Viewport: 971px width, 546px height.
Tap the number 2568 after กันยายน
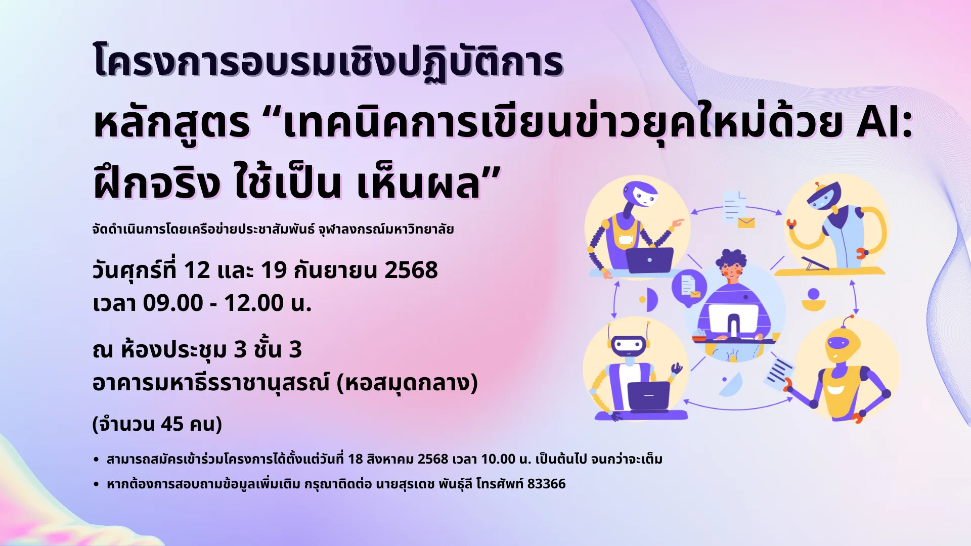(x=411, y=270)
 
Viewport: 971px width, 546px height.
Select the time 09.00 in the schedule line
(x=173, y=303)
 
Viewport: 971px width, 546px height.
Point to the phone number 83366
(x=546, y=484)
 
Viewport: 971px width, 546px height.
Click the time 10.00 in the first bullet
(x=498, y=459)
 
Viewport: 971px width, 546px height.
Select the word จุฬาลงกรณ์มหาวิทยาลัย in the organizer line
(x=386, y=229)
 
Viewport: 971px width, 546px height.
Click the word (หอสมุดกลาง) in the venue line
(x=407, y=383)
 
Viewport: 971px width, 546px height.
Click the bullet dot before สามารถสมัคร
(x=96, y=460)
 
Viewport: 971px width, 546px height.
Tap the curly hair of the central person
(x=730, y=259)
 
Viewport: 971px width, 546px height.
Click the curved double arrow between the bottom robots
(x=738, y=407)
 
